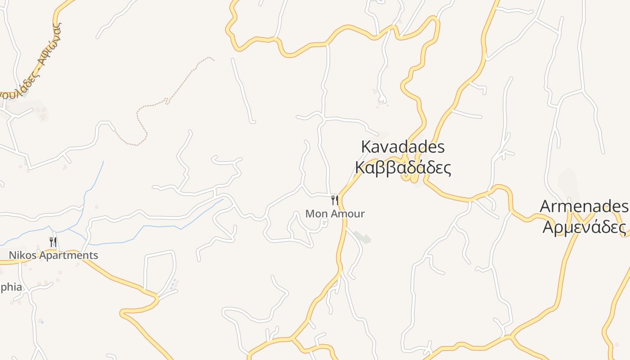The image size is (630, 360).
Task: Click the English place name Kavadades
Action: coord(403,147)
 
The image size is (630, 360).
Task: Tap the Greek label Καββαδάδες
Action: coord(403,167)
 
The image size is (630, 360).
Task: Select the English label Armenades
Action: coord(584,207)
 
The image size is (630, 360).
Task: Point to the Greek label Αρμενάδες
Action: coord(584,227)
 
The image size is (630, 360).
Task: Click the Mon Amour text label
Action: coord(335,214)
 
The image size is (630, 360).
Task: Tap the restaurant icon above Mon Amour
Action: coord(334,200)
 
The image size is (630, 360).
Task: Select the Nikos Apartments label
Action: coord(54,256)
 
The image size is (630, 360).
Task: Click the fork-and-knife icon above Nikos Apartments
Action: coord(53,243)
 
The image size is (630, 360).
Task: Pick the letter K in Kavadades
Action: coord(366,147)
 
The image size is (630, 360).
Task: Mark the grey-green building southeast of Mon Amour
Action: coord(363,237)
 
